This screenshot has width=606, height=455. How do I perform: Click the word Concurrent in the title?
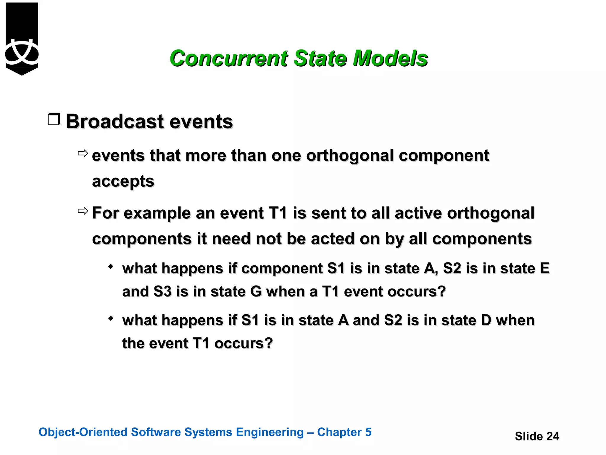(x=228, y=58)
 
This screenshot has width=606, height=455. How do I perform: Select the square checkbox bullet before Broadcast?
(x=54, y=119)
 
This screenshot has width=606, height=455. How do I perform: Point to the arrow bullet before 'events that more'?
(x=83, y=153)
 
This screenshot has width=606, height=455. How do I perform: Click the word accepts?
(x=123, y=181)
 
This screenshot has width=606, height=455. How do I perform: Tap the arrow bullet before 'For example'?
(x=83, y=211)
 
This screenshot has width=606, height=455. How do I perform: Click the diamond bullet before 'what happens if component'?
(x=111, y=267)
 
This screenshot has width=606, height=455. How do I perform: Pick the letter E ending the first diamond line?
(x=544, y=268)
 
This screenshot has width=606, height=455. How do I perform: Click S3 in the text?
(x=162, y=291)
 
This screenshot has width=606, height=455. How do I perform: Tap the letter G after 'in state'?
(x=256, y=291)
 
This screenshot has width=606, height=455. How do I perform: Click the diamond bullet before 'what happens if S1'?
(x=111, y=319)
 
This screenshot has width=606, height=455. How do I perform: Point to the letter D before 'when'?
(x=486, y=320)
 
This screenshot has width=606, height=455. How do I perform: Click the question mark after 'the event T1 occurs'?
(x=268, y=343)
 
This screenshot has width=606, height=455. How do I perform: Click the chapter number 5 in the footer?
(x=368, y=432)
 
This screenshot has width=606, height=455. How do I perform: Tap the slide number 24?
(x=552, y=436)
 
